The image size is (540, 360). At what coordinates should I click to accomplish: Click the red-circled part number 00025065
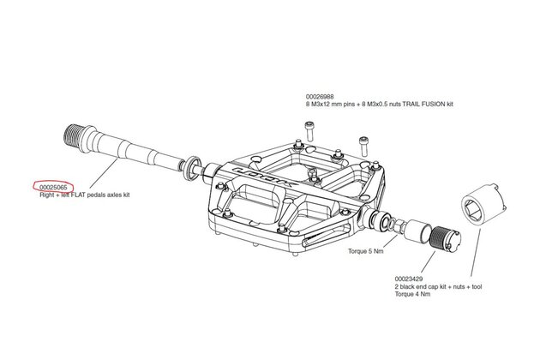(x=53, y=187)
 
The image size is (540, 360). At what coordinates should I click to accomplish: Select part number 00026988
(x=320, y=97)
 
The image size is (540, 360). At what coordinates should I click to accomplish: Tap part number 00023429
(x=409, y=279)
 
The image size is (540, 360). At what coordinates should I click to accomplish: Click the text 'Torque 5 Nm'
(x=365, y=251)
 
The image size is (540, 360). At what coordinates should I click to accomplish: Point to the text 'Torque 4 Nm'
(x=412, y=294)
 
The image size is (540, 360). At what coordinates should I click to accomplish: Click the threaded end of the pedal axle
(x=75, y=133)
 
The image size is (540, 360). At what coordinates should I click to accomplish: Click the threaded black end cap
(x=446, y=237)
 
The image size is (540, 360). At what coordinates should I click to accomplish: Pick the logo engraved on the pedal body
(x=264, y=177)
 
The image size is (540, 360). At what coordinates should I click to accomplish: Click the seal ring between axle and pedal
(x=193, y=167)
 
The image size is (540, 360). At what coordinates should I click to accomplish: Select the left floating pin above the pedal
(x=309, y=131)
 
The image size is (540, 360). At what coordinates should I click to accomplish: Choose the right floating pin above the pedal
(x=363, y=146)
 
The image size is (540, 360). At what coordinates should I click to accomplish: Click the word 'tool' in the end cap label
(x=477, y=286)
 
